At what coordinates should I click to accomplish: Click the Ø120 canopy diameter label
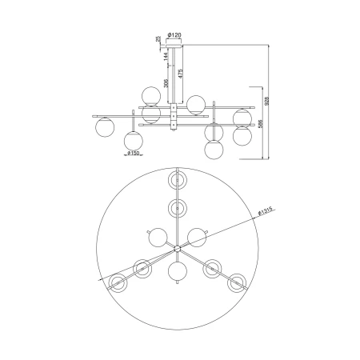[174, 35]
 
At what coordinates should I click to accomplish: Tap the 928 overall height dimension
[267, 100]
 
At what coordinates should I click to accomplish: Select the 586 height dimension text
[261, 123]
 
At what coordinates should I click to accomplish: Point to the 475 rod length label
[181, 74]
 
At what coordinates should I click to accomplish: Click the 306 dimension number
[166, 83]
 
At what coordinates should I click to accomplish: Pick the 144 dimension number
[166, 56]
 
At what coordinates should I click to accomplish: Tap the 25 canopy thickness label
[158, 39]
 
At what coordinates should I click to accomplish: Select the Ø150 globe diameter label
[134, 153]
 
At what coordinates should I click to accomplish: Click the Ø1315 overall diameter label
[265, 212]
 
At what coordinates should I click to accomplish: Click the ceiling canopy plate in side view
[174, 46]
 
